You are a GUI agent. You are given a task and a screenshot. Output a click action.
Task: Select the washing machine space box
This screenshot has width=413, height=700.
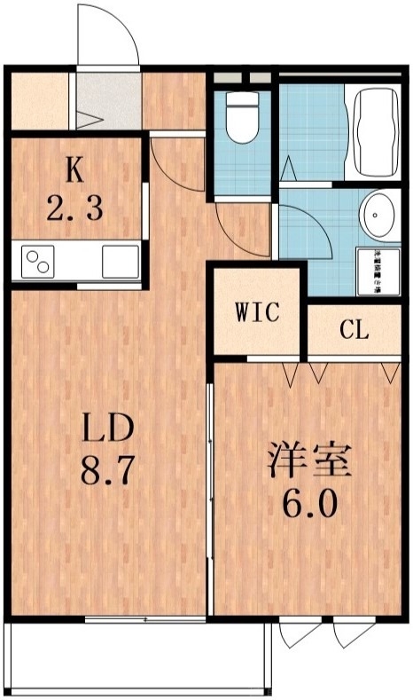click(x=378, y=271)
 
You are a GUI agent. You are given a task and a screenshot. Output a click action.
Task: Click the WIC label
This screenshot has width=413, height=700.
click(x=258, y=312)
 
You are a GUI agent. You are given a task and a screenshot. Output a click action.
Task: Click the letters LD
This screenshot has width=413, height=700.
click(x=108, y=429)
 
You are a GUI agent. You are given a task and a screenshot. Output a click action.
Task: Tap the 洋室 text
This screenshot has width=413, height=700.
click(x=310, y=461)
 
